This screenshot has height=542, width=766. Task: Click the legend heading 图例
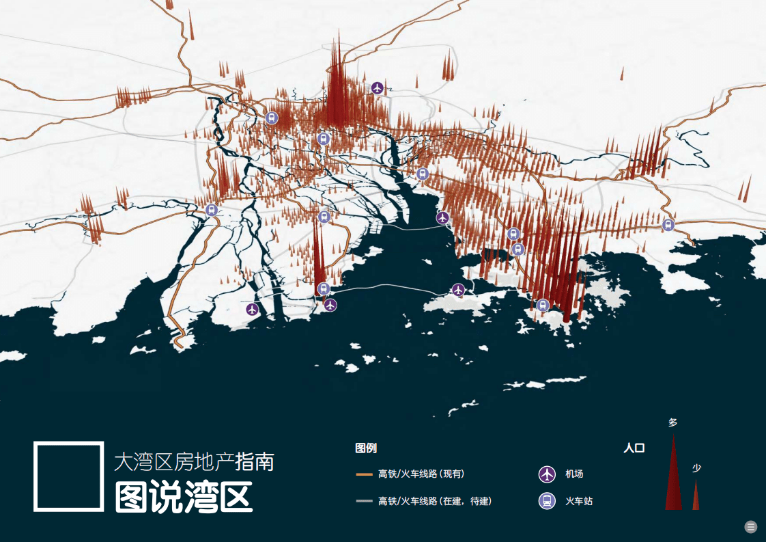click(366, 448)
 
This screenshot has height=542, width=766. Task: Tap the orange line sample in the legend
click(364, 474)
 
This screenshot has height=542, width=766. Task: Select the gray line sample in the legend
click(364, 501)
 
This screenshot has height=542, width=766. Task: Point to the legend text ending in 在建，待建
click(435, 501)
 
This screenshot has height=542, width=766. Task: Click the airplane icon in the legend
click(547, 474)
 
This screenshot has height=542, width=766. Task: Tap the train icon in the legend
click(547, 501)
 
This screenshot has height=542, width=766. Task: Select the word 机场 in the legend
click(574, 474)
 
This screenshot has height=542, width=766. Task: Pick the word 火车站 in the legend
click(579, 501)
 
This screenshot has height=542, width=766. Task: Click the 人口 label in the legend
click(634, 448)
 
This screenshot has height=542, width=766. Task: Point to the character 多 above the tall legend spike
click(672, 422)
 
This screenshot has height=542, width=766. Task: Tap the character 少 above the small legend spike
click(696, 468)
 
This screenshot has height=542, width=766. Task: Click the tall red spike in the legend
click(673, 478)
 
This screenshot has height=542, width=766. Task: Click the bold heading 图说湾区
click(184, 497)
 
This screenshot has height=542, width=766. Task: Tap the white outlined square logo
click(68, 476)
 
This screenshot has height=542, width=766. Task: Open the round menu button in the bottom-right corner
click(751, 526)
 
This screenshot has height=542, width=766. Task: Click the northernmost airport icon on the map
click(378, 87)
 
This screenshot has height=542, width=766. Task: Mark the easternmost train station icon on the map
click(668, 224)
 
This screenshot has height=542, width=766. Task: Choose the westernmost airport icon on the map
click(253, 309)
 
